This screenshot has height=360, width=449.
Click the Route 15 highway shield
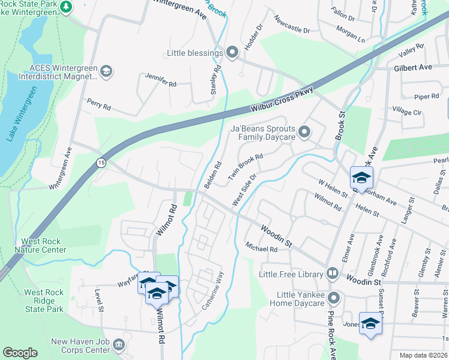(100, 163)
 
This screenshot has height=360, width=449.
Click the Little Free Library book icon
(332, 274)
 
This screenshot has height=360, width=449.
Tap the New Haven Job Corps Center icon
(119, 344)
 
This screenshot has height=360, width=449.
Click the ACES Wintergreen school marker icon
(106, 72)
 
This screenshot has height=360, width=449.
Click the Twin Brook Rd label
(246, 167)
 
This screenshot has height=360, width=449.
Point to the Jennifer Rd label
(160, 80)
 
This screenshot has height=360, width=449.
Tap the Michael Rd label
(261, 248)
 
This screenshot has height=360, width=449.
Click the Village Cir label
(407, 112)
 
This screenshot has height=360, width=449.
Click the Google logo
(20, 353)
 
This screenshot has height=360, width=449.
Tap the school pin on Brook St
(362, 178)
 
